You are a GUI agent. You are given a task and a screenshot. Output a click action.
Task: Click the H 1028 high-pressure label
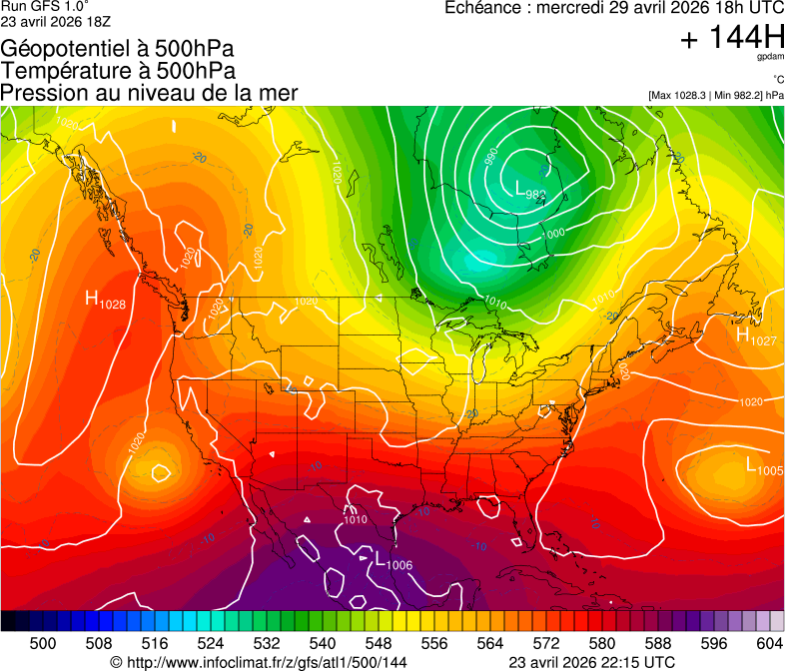(x=105, y=300)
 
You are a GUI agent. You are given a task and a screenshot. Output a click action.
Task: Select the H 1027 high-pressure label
(x=756, y=338)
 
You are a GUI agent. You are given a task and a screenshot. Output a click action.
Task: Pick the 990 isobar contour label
(x=491, y=158)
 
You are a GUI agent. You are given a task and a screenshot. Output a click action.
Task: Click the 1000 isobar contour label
(x=554, y=233)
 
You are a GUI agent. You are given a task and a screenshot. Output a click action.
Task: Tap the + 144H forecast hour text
(x=731, y=39)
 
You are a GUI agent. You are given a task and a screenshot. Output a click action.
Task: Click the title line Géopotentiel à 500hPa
(x=118, y=48)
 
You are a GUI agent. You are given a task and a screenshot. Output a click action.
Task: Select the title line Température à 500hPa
(x=118, y=71)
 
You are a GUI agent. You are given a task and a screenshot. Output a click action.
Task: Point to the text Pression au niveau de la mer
(x=149, y=93)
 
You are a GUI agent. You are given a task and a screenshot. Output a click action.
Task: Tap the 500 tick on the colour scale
(x=43, y=642)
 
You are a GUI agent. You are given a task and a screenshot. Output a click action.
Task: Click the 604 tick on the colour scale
(x=769, y=642)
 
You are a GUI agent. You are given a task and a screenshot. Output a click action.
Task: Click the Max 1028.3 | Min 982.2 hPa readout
(x=715, y=96)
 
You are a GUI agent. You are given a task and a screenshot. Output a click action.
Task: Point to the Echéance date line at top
(x=613, y=8)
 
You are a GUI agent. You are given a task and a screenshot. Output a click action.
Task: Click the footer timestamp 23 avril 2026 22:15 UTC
(x=591, y=662)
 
